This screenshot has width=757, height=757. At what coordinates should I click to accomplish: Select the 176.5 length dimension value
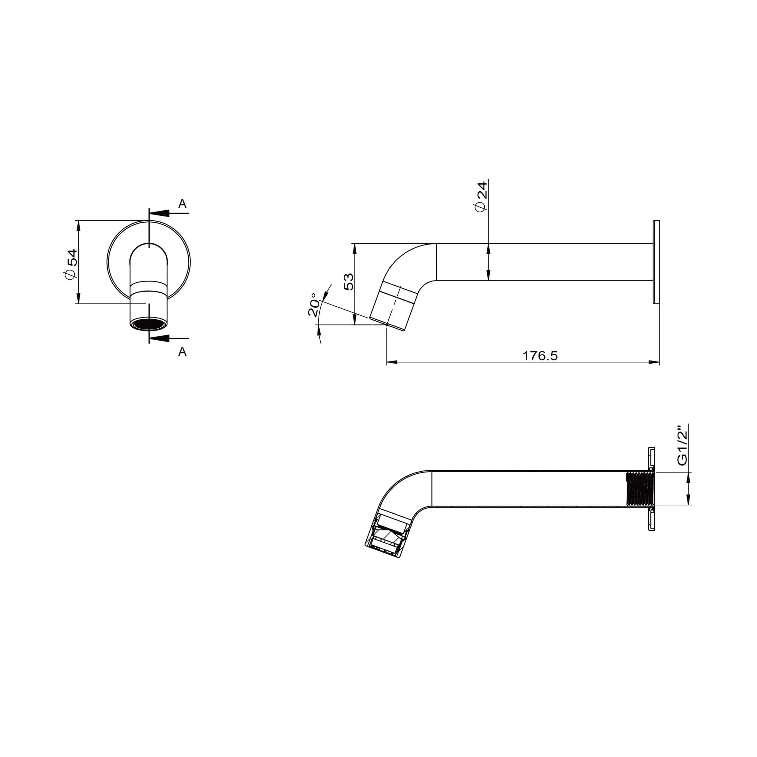tap(540, 356)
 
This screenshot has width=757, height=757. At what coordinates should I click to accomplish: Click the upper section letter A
tap(182, 204)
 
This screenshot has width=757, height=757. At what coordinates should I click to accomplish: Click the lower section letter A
tap(182, 352)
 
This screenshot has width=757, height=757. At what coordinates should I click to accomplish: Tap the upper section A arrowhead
tap(159, 213)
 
